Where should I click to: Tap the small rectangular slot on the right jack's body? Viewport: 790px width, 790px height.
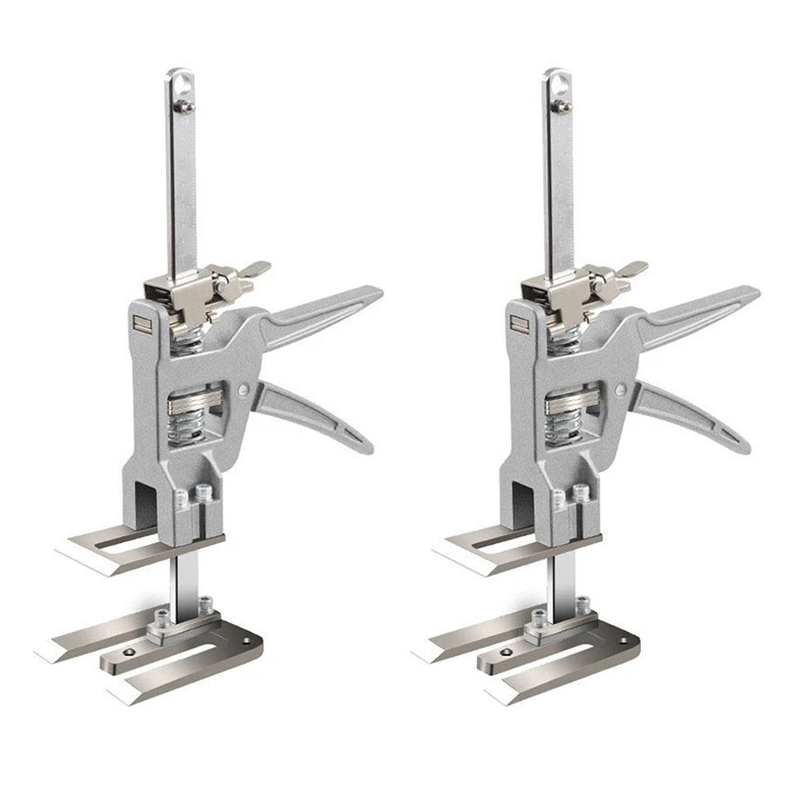point(514,319)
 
